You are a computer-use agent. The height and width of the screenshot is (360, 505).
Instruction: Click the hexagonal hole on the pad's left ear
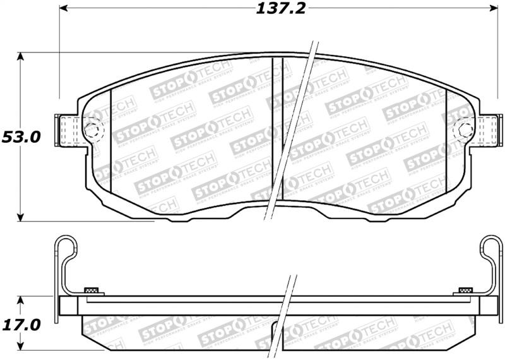tap(92, 131)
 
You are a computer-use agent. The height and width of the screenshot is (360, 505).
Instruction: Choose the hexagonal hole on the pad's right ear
tap(465, 131)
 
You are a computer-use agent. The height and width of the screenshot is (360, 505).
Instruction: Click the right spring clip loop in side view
tap(491, 248)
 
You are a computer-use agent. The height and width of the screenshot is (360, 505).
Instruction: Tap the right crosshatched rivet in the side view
tap(465, 291)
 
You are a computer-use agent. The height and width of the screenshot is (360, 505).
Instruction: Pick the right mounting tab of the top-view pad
tap(487, 130)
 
